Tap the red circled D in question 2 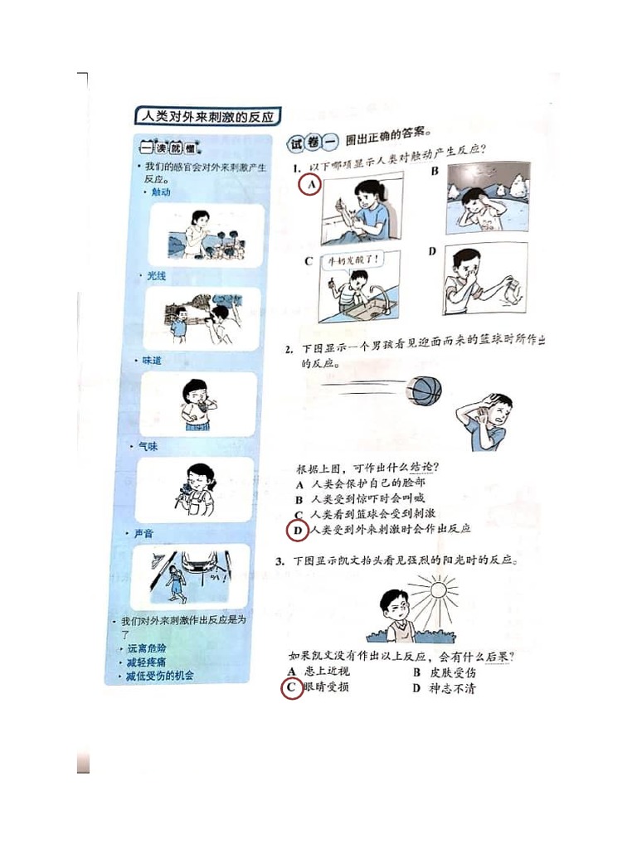pyautogui.click(x=296, y=529)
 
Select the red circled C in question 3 pyautogui.click(x=291, y=687)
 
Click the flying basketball pyautogui.click(x=425, y=390)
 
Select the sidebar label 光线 pyautogui.click(x=157, y=276)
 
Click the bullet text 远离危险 pyautogui.click(x=148, y=648)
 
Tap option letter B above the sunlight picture pyautogui.click(x=434, y=172)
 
